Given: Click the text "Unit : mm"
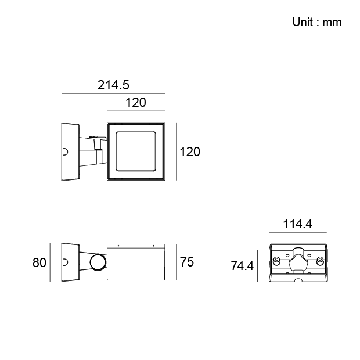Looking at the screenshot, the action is click(x=317, y=22).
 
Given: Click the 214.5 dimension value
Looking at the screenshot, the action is click(x=113, y=85).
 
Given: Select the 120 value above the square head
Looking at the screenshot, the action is click(x=136, y=102).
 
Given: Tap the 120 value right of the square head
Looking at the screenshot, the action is click(x=190, y=152).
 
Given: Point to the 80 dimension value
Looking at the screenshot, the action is click(x=39, y=262).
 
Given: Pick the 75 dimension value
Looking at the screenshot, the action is click(x=187, y=262).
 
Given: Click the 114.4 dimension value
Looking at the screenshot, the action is click(x=297, y=224).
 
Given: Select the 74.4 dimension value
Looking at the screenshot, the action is click(x=242, y=266).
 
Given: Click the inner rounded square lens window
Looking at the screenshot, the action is click(x=136, y=132).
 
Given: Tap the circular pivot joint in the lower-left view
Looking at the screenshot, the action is click(x=98, y=262).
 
